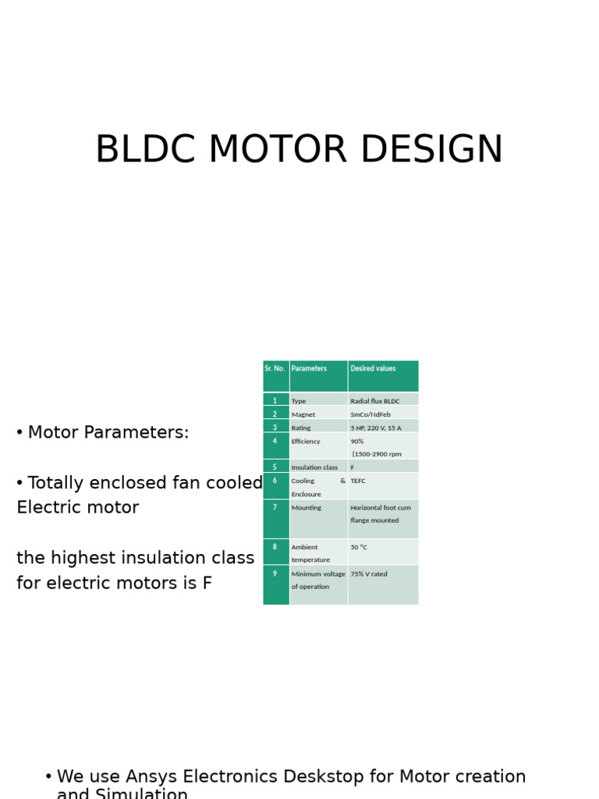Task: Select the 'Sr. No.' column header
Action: [275, 369]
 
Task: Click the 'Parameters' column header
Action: [309, 369]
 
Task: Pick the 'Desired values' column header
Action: [373, 369]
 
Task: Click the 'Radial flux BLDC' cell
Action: [375, 401]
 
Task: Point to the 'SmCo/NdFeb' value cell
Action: [370, 414]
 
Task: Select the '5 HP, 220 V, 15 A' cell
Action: [376, 428]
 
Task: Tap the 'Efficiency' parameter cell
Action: [306, 442]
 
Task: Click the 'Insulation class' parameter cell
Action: [314, 467]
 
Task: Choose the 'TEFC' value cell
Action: [358, 481]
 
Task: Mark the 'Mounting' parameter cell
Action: [307, 508]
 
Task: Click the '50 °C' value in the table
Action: [359, 548]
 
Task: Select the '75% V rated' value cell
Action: [369, 574]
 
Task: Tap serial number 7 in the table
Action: [275, 508]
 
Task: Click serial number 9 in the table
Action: [275, 574]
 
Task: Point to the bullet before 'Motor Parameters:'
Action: [19, 433]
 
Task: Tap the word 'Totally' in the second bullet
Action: [59, 484]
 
